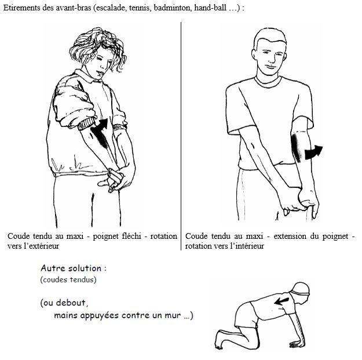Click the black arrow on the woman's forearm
[x=100, y=133]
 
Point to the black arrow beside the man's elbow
[x=313, y=152]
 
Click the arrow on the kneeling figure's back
[x=281, y=301]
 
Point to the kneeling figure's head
[x=299, y=292]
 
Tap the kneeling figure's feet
[x=220, y=340]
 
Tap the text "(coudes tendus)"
[x=68, y=280]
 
